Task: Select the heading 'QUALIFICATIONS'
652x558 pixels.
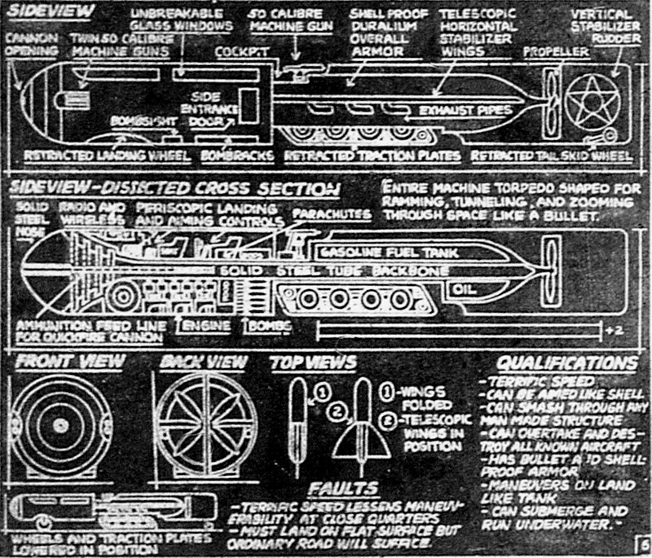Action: point(567,363)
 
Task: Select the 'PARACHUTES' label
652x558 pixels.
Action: point(332,213)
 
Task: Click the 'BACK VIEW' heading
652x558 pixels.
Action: point(194,361)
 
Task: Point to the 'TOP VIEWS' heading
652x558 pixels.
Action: point(312,361)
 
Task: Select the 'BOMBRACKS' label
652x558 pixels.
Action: point(230,152)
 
